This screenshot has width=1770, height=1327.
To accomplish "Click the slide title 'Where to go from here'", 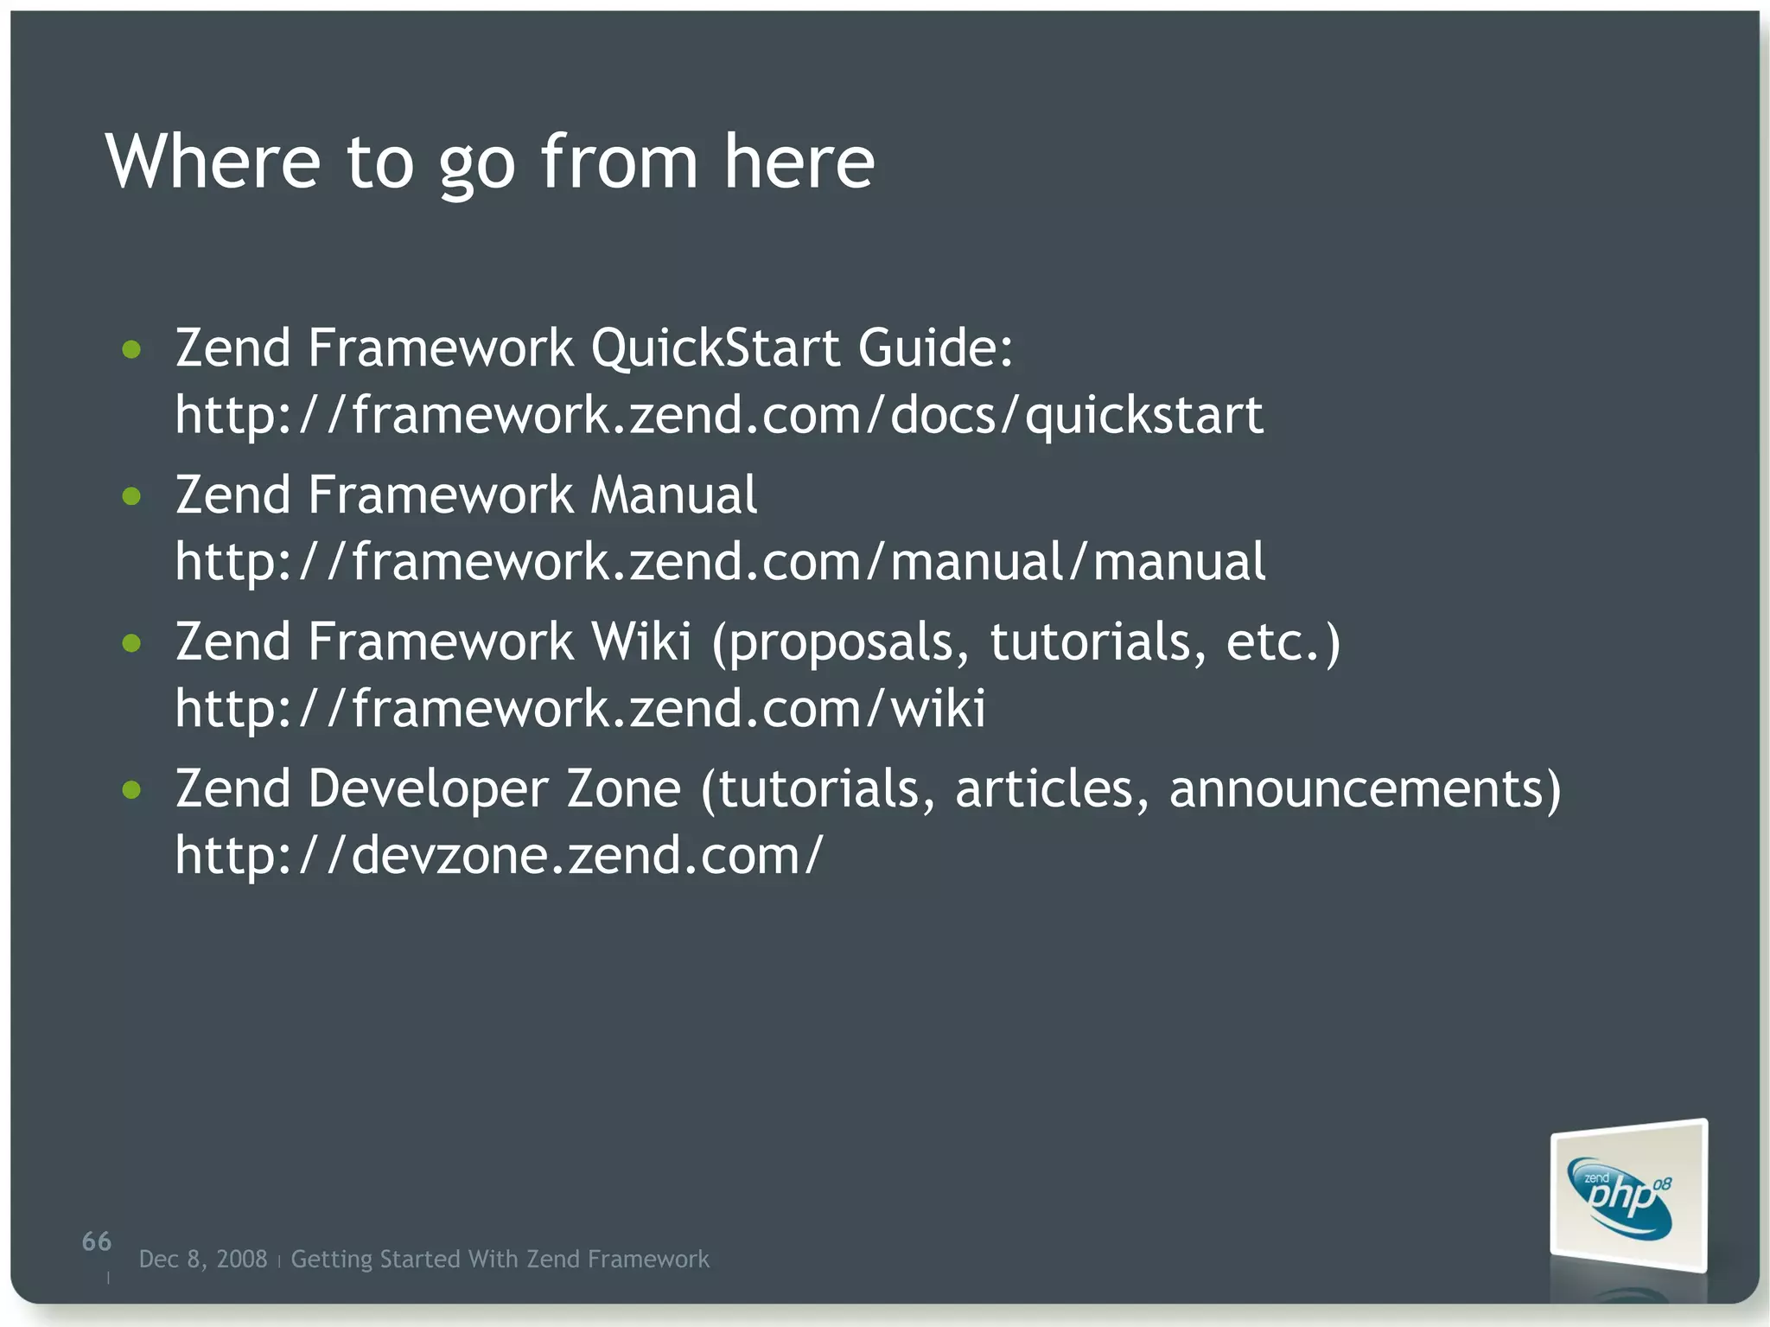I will pos(489,162).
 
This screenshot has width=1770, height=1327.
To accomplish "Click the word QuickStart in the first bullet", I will pos(715,348).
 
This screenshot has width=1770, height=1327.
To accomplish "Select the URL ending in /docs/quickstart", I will pos(718,415).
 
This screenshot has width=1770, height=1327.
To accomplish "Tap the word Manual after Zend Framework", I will pos(673,495).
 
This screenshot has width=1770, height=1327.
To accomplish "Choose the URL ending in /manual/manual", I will pos(720,562).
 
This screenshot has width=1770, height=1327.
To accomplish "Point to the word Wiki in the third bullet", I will pos(640,642).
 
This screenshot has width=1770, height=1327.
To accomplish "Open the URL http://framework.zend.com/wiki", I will pos(580,709).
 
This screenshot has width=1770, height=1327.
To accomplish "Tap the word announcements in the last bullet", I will pos(1365,790).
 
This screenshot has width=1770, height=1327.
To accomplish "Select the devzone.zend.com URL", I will pos(499,856).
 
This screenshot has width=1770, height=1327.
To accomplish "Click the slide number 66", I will pos(97,1241).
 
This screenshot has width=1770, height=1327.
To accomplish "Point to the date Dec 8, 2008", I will pos(203,1259).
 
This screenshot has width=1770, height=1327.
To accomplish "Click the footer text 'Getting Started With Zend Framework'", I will pos(500,1259).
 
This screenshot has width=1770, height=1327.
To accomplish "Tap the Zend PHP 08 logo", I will pos(1627,1196).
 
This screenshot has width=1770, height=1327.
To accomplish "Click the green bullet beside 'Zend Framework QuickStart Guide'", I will pos(131,349).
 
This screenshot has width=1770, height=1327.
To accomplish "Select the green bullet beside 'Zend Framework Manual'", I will pos(131,496).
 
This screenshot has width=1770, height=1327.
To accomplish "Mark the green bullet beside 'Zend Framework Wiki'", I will pos(131,643).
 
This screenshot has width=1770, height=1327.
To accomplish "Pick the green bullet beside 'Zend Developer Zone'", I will pos(131,790).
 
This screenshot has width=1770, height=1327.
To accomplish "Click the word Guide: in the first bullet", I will pos(935,348).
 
